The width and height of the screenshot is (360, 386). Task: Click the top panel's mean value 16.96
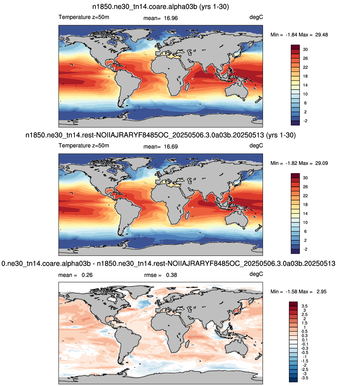170,18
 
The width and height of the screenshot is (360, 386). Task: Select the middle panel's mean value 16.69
170,147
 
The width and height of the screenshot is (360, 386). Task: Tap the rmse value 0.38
171,275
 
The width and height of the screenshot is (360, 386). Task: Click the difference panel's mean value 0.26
87,275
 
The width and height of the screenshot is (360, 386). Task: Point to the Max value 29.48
321,35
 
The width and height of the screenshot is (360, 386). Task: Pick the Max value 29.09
321,163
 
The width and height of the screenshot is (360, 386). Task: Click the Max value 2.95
321,292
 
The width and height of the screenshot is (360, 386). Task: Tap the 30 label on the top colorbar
305,49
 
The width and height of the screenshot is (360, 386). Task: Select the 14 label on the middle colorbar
305,213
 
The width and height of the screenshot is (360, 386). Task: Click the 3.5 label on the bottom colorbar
305,306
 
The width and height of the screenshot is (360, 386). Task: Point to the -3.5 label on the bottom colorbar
304,378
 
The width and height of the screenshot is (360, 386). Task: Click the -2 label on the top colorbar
305,121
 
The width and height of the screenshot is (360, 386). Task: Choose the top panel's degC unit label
256,17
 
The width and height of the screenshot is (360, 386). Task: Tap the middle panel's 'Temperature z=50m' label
84,146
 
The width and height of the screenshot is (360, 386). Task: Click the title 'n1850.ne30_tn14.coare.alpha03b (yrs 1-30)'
160,7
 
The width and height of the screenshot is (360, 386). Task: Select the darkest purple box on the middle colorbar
295,251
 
